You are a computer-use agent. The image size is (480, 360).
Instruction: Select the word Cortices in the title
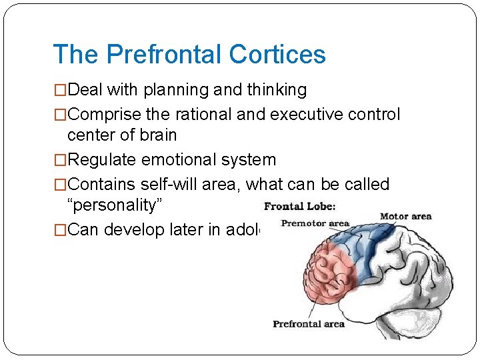pos(280,55)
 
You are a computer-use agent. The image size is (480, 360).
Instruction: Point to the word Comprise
pos(104,115)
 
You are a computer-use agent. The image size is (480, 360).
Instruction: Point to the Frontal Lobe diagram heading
pos(299,207)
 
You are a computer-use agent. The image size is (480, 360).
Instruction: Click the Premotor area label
pos(315,223)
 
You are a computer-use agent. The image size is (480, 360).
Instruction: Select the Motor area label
pos(405,216)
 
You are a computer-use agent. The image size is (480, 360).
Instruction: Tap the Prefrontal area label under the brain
pos(308,324)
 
